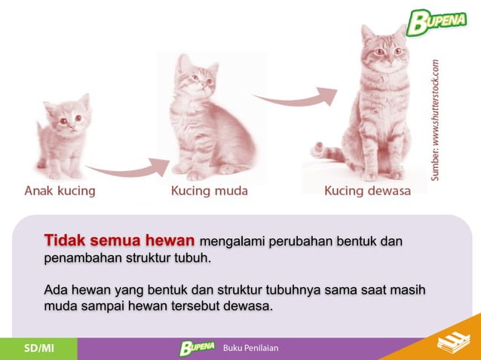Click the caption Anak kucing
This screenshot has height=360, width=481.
click(60, 191)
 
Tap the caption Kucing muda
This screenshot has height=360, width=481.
click(209, 191)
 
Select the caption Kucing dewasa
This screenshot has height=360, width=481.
click(367, 191)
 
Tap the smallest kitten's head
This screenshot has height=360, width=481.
click(67, 112)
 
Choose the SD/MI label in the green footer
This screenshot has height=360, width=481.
click(38, 348)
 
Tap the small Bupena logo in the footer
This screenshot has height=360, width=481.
click(198, 348)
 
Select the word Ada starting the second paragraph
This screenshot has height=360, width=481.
click(56, 289)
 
